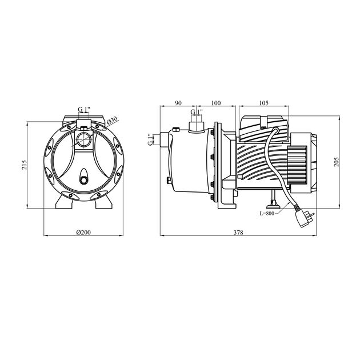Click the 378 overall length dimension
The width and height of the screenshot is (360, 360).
click(x=238, y=233)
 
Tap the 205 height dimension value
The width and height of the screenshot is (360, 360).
click(x=337, y=162)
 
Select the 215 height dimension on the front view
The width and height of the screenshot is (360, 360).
click(x=25, y=165)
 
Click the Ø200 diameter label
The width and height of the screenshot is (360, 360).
click(x=83, y=233)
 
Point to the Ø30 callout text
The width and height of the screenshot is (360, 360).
click(x=112, y=121)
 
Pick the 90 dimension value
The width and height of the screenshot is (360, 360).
click(x=178, y=103)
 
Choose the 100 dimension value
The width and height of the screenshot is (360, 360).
click(x=216, y=103)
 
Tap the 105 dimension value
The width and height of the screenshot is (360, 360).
click(x=263, y=103)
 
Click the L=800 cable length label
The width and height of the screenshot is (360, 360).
click(x=267, y=213)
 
